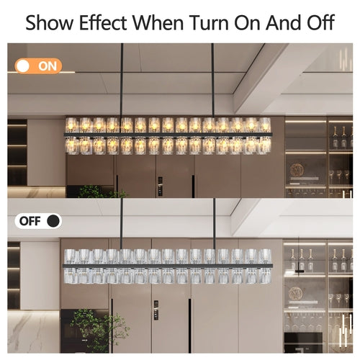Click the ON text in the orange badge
(x=48, y=66)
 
